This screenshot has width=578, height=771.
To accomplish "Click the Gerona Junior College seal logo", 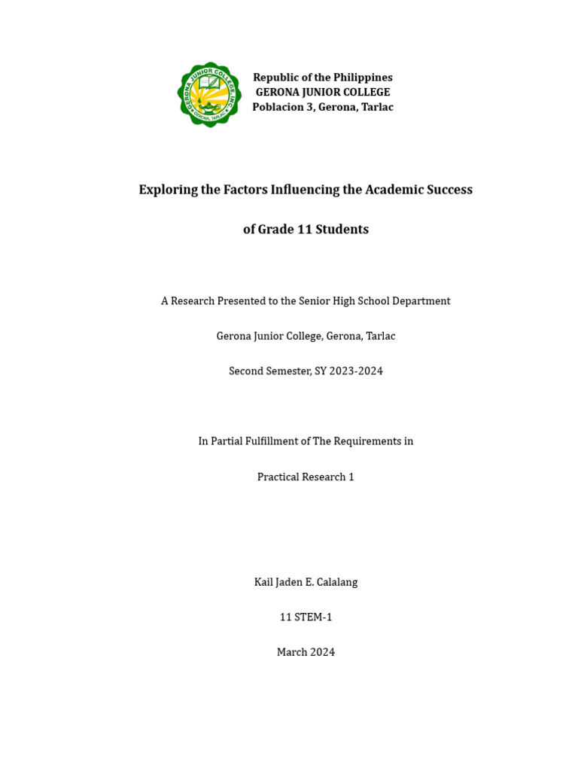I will [x=209, y=94].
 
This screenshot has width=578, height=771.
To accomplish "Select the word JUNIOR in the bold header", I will [x=316, y=92].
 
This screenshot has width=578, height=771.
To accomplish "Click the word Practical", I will [x=278, y=477].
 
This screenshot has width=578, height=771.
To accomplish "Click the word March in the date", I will [x=292, y=652].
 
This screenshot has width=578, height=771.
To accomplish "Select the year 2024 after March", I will [x=323, y=652].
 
